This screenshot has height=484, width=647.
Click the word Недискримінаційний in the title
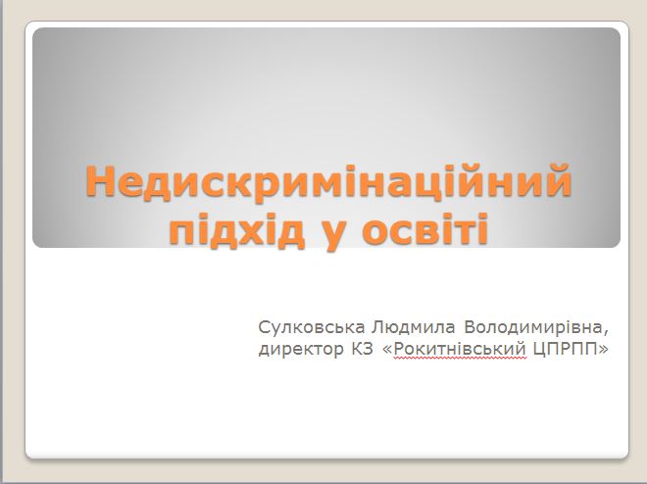click(328, 182)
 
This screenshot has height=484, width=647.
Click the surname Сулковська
click(312, 327)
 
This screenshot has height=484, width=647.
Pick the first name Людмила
click(413, 328)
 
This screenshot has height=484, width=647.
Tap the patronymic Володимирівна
click(533, 327)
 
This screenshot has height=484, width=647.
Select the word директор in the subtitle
click(301, 350)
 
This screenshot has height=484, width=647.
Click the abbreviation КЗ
click(363, 349)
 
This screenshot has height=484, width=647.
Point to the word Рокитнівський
click(460, 349)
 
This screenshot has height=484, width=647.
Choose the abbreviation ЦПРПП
click(566, 349)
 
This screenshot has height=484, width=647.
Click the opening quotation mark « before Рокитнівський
click(388, 350)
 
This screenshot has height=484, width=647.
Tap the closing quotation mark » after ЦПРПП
click(603, 350)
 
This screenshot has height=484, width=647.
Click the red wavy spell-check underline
click(460, 359)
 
